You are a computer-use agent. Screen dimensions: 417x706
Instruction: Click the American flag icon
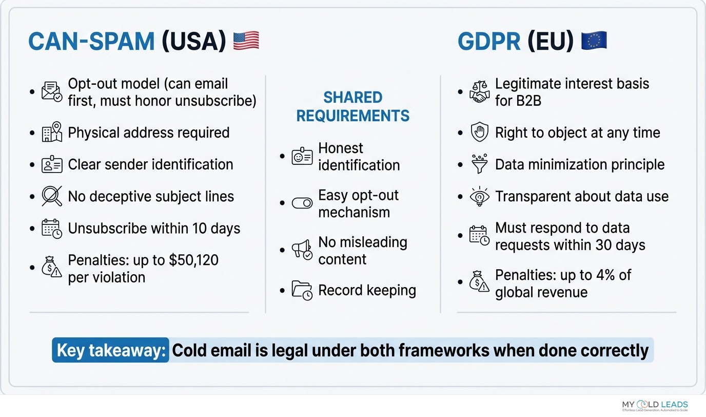click(246, 41)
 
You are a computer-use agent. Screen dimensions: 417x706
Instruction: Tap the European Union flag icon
click(594, 41)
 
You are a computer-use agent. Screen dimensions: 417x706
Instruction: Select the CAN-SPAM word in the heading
click(91, 42)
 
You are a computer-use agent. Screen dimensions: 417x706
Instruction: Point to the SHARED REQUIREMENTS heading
click(353, 107)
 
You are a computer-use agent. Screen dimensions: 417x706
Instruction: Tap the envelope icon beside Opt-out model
click(52, 91)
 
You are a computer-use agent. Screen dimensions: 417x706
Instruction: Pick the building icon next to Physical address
click(52, 132)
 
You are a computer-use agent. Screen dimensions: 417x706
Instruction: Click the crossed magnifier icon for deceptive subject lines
click(52, 196)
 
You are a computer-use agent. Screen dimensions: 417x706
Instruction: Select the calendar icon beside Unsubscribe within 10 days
click(52, 229)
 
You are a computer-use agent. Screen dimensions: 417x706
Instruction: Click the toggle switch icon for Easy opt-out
click(302, 203)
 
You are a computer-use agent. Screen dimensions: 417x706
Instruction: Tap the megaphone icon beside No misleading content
click(302, 250)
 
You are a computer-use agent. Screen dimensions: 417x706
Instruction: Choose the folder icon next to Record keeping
click(302, 290)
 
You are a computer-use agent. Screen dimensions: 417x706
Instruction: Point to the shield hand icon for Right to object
click(480, 132)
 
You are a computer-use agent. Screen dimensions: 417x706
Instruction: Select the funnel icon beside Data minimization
click(480, 164)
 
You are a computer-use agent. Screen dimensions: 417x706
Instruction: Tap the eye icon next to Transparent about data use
click(480, 197)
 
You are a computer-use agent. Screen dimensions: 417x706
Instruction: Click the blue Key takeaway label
click(111, 350)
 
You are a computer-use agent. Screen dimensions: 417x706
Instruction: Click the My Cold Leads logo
click(655, 406)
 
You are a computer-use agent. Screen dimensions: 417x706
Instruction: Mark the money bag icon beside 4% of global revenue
click(480, 282)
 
